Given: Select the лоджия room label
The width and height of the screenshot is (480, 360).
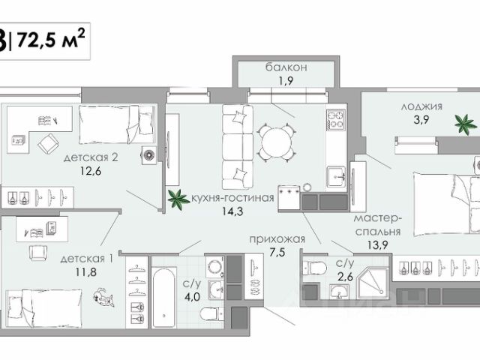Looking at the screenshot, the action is coord(421,106).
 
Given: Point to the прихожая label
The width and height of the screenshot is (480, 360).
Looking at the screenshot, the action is coord(276,239).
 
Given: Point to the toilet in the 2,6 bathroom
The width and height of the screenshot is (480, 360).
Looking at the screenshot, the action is coord(314,268).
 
